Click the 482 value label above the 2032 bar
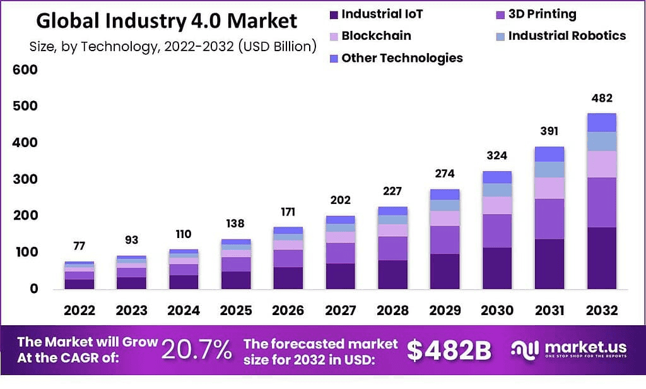[601, 99]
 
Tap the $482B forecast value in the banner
[449, 350]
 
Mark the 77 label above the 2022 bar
[79, 246]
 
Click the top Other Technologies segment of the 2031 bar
[549, 154]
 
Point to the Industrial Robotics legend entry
[567, 35]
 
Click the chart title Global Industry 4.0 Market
[167, 20]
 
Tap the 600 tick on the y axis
[25, 69]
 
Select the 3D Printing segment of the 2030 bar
[497, 230]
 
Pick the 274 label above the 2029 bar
[445, 174]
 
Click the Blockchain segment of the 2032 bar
[601, 164]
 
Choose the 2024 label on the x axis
[183, 310]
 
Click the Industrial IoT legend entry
[382, 14]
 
